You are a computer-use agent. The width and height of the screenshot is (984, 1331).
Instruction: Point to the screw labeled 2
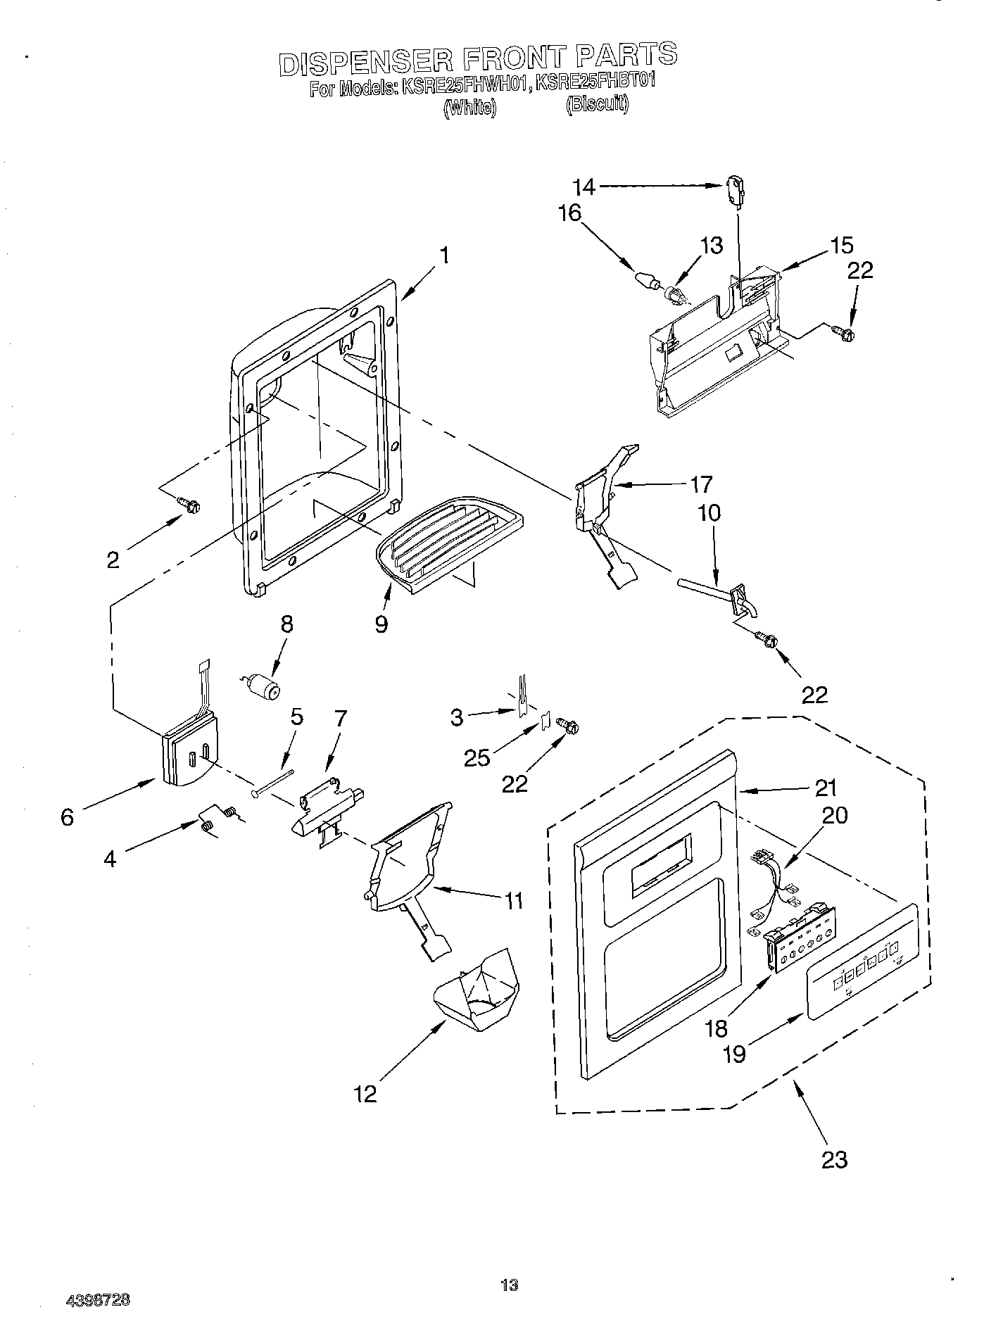click(x=189, y=504)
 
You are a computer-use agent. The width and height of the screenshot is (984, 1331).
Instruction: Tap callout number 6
click(x=67, y=817)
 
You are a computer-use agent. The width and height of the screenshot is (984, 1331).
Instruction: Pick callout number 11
click(x=514, y=900)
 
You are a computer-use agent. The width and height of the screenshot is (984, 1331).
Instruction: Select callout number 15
click(x=841, y=246)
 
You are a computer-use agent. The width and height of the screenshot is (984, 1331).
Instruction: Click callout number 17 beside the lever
click(x=701, y=484)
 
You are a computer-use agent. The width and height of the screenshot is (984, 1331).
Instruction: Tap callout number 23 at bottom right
click(x=834, y=1159)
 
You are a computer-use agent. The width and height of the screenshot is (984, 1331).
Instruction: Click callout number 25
click(x=477, y=757)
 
